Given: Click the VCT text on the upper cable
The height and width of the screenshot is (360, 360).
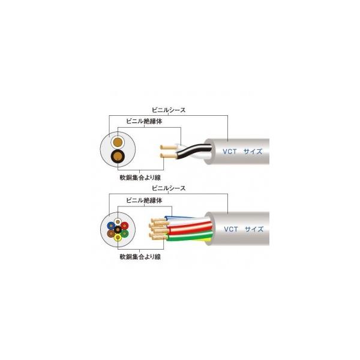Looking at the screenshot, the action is (231, 152).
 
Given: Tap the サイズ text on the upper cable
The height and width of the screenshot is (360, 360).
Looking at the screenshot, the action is (253, 152).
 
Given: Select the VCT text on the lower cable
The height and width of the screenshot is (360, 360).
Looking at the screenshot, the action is (231, 228).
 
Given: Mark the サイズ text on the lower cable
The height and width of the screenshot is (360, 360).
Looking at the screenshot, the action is (253, 228).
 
